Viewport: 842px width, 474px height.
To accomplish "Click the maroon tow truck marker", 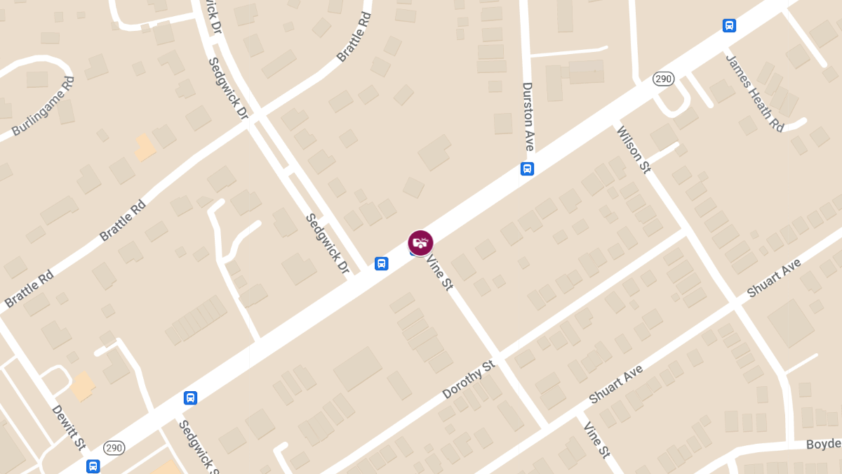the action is click(x=420, y=243).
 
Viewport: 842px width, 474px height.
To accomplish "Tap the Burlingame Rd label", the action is click(x=43, y=107).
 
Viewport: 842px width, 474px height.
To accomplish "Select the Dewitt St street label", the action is click(x=69, y=427).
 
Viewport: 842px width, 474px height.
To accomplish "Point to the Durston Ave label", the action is click(x=528, y=117).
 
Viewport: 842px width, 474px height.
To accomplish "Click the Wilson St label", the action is click(x=633, y=149).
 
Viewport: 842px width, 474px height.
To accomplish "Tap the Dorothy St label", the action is click(x=469, y=380).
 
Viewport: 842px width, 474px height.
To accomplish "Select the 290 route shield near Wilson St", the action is click(x=663, y=79).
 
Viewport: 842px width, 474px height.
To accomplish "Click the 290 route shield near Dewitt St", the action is click(x=114, y=447).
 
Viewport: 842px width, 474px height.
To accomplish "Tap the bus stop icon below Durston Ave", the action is click(x=527, y=169).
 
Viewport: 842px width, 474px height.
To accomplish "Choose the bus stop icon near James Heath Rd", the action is click(x=729, y=26).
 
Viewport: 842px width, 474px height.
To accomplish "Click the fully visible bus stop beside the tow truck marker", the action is click(x=381, y=263).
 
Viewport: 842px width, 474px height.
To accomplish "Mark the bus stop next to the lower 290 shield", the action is click(x=93, y=466).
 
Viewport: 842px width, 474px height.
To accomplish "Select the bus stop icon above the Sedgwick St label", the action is click(x=190, y=398).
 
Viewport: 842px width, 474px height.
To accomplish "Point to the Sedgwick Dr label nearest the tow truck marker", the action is click(x=327, y=243).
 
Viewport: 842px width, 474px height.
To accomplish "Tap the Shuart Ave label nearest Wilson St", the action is click(x=774, y=277).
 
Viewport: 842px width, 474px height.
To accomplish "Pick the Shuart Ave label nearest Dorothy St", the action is click(x=616, y=384).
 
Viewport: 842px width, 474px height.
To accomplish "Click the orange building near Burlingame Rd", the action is click(x=145, y=147).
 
